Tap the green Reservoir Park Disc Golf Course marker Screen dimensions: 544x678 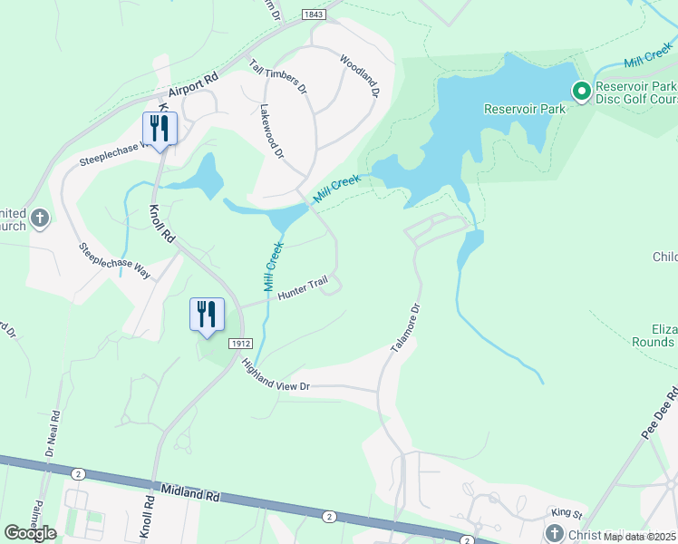[580, 91]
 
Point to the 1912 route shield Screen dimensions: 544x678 [239, 344]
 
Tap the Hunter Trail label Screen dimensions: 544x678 [301, 289]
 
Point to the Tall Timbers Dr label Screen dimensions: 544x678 [278, 78]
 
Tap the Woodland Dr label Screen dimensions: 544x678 [359, 76]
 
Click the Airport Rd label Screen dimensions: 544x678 [194, 86]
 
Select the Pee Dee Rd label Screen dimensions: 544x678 [660, 415]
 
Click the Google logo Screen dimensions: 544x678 [29, 533]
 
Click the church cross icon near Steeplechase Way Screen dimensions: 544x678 [39, 218]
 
